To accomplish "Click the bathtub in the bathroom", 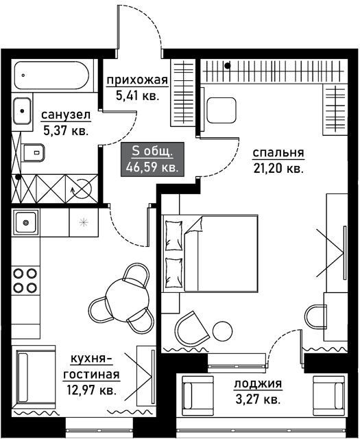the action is click(x=52, y=75).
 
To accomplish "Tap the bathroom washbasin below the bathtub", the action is click(x=22, y=111).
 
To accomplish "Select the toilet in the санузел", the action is click(x=34, y=152).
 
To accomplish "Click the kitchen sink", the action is click(x=26, y=222).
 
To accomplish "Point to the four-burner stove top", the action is click(x=25, y=281).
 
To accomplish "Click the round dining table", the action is click(x=128, y=301).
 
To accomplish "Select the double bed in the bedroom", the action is click(x=210, y=254).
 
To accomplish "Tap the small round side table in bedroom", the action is click(x=223, y=331).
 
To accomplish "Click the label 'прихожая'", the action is click(x=137, y=80).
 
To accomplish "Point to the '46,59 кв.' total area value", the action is click(x=152, y=167).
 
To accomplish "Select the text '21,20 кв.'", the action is click(x=278, y=169).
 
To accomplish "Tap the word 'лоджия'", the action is click(x=258, y=384).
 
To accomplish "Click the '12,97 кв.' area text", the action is click(x=91, y=390).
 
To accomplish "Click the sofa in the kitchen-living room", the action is click(x=34, y=377).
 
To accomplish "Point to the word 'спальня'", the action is click(x=278, y=153).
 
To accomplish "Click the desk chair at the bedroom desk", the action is click(x=315, y=316).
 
